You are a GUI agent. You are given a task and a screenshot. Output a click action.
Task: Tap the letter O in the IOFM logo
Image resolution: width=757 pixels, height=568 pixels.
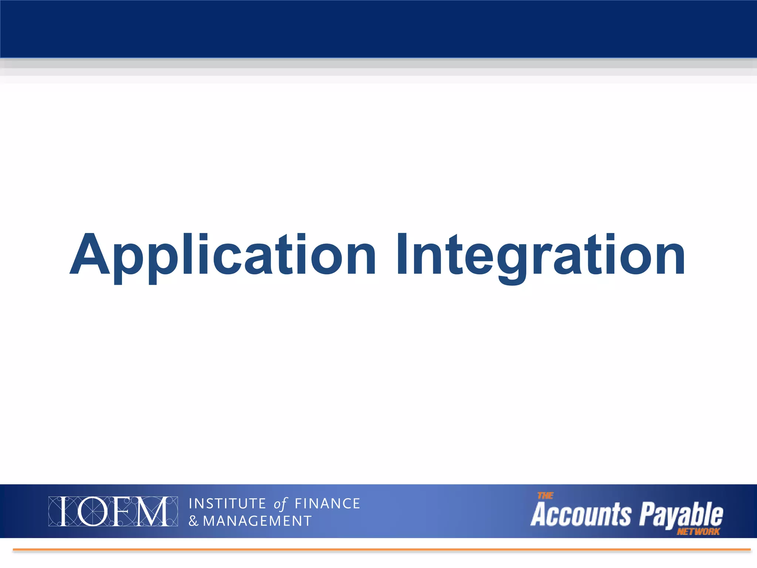pos(92,511)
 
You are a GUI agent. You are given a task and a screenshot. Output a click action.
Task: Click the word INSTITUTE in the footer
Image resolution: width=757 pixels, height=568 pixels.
pos(227,504)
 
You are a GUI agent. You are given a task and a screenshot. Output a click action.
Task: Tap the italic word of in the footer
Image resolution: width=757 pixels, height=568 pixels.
pos(280,504)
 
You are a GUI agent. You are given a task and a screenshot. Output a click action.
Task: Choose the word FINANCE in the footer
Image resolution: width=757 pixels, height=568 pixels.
pos(327,504)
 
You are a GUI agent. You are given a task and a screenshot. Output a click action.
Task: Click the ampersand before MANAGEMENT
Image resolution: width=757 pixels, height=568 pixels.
pos(194,521)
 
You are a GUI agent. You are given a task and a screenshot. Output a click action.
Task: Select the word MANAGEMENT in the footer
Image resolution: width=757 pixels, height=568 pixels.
pos(257,521)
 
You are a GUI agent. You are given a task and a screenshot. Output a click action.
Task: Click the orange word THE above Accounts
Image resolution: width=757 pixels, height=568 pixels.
pos(545,496)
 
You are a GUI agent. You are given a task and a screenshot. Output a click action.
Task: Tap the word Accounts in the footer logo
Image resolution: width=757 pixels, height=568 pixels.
pos(581,514)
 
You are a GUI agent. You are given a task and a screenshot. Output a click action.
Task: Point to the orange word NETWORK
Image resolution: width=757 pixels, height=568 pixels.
pos(698,532)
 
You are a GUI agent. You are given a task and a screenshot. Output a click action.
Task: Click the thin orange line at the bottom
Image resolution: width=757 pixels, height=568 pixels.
pos(381,550)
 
